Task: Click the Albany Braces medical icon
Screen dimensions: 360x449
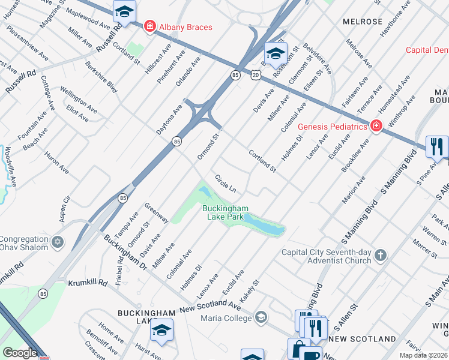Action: [x=149, y=27]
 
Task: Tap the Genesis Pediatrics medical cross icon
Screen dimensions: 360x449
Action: [x=376, y=126]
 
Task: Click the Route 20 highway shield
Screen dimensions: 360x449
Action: [x=256, y=74]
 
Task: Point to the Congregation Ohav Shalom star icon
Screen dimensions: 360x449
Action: [x=58, y=242]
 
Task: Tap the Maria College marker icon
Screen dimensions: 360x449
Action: [x=261, y=317]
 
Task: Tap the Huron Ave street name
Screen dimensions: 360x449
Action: [x=57, y=163]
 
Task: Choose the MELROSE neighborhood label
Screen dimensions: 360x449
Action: [x=362, y=22]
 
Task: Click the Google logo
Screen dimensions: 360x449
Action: [x=20, y=353]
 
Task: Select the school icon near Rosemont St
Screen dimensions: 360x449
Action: [x=276, y=54]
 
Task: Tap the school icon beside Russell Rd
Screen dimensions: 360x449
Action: [x=124, y=11]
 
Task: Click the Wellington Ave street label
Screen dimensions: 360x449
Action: [x=78, y=99]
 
